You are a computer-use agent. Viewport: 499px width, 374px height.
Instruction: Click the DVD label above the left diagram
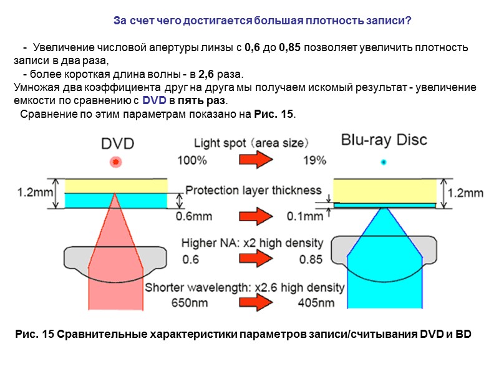[117, 143]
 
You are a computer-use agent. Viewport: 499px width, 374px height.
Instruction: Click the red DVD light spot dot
[115, 163]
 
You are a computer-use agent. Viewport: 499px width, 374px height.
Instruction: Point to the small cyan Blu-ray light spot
[384, 162]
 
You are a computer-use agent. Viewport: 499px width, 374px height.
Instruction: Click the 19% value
[315, 160]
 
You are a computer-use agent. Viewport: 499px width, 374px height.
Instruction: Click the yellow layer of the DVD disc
[116, 185]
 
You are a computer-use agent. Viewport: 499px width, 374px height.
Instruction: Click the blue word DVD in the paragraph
[153, 100]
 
